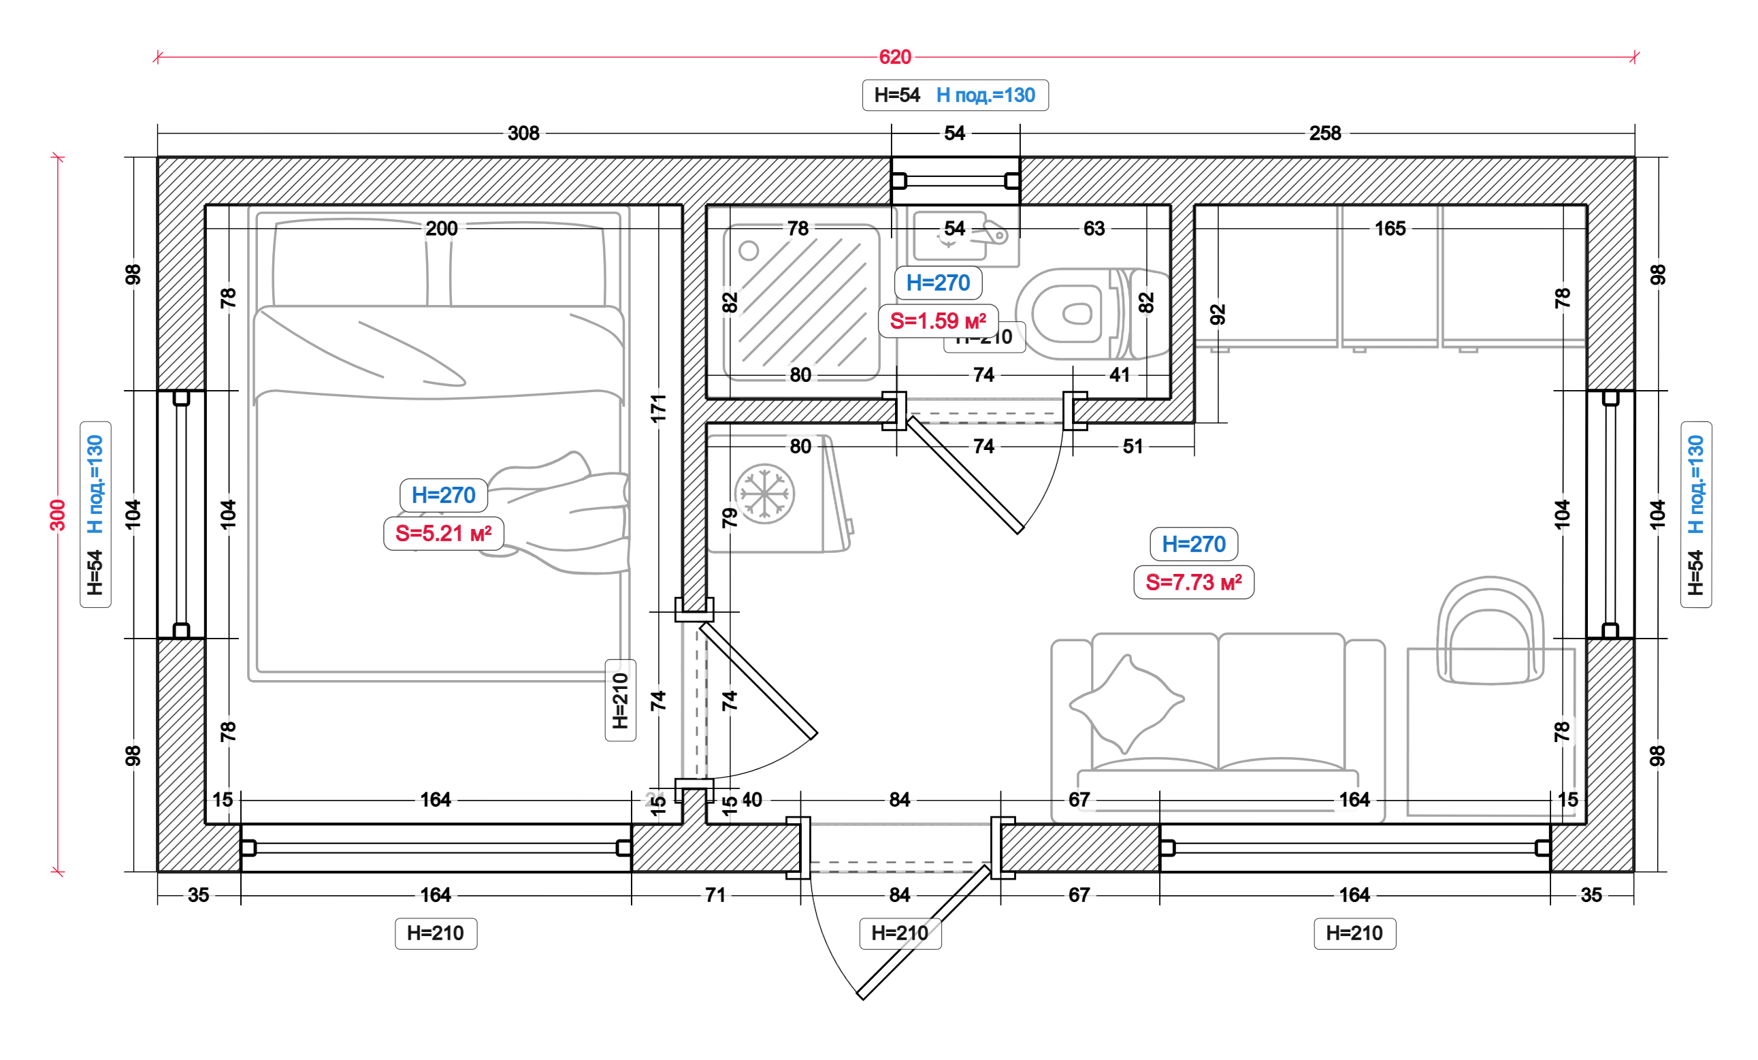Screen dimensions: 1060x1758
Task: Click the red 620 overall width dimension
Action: [895, 57]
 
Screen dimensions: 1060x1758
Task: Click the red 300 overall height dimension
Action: [58, 515]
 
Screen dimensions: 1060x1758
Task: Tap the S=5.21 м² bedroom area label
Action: [443, 533]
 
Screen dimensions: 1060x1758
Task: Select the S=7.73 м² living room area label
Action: [1194, 583]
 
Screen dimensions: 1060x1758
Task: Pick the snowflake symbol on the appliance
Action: [764, 494]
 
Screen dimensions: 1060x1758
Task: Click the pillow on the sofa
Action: [1125, 703]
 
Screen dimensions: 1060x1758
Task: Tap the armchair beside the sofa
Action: [1490, 632]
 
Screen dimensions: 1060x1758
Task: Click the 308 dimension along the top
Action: [523, 133]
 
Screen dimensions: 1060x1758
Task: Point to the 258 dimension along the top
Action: [1325, 133]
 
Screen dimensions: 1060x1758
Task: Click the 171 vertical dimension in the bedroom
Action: [659, 408]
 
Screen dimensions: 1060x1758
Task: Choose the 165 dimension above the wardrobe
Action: [1390, 229]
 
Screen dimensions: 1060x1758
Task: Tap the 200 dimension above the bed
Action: [442, 229]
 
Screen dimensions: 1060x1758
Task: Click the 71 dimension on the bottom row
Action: [715, 895]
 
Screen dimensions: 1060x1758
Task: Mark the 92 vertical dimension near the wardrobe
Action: [1218, 314]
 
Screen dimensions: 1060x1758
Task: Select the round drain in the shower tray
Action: [749, 251]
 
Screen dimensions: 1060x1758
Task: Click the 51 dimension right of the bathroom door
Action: [1133, 447]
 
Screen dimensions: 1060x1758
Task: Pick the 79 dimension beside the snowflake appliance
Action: [729, 517]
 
